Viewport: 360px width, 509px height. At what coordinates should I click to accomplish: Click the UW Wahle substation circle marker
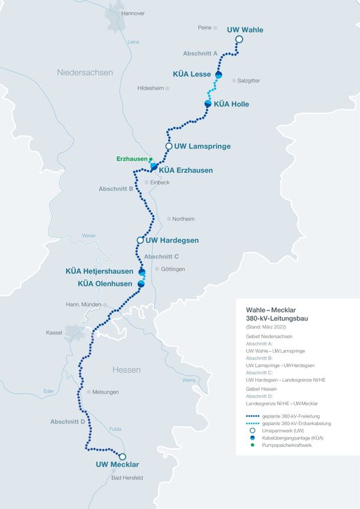pos(239,39)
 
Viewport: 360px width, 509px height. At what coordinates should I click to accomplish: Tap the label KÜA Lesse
pos(191,74)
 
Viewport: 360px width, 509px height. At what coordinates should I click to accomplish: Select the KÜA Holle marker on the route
pos(208,104)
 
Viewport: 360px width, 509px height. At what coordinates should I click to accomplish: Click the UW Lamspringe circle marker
pos(169,146)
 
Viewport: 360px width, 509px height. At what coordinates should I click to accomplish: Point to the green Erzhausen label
pos(131,159)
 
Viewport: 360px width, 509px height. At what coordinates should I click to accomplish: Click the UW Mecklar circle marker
pos(123,457)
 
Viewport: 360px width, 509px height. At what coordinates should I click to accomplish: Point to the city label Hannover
pos(133,13)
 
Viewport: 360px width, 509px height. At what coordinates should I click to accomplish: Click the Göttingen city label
pos(172,269)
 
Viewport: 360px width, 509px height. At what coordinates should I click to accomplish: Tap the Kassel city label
pos(54,332)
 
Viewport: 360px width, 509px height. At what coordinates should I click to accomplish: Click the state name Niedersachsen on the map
pos(85,72)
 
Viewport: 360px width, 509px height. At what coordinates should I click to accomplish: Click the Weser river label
pos(89,236)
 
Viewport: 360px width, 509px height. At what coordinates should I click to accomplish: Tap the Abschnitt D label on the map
pos(68,422)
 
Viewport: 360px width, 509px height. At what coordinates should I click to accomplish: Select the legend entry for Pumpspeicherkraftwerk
pos(287,445)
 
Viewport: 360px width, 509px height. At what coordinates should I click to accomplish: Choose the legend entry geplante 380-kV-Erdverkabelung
pos(296,423)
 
